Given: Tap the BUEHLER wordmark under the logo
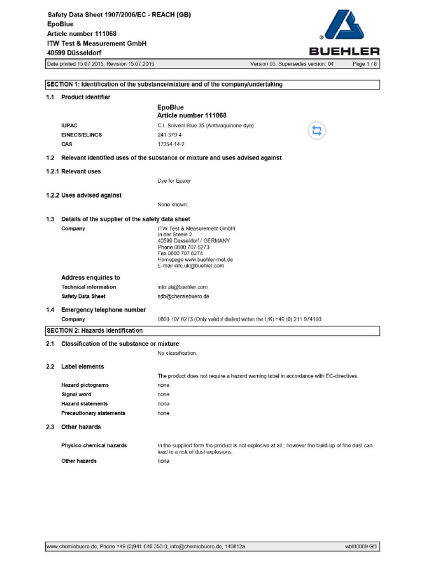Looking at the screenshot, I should click(x=344, y=52).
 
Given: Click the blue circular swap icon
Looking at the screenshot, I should click(x=317, y=131).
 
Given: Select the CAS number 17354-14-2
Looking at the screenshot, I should click(x=171, y=144).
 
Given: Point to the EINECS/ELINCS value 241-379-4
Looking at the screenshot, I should click(x=169, y=135).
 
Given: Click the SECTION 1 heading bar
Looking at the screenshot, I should click(x=212, y=84).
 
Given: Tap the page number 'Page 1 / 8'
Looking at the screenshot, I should click(x=365, y=64).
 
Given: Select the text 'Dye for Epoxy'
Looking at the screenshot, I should click(x=174, y=181).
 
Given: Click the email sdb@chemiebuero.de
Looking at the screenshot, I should click(x=183, y=296).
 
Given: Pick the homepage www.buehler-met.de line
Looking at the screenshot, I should click(x=195, y=259).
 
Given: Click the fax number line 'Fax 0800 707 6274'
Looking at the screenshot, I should click(x=180, y=253).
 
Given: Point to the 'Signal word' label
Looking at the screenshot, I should click(x=76, y=395).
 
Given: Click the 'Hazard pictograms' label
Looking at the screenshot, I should click(x=84, y=385).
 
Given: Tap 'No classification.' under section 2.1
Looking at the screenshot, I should click(x=177, y=353).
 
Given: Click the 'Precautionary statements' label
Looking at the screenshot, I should click(x=93, y=413).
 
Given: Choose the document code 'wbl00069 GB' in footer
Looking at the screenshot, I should click(x=361, y=546).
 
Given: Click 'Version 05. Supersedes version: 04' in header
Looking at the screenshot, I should click(x=292, y=64).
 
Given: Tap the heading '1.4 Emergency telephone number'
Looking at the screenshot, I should click(x=103, y=310).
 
